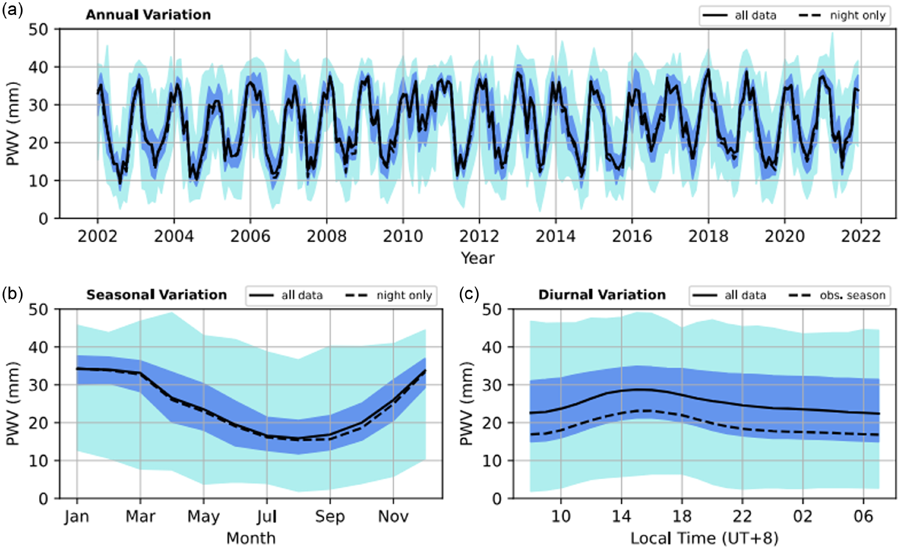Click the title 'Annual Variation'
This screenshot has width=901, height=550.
148,15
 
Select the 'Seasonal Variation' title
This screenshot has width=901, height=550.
157,295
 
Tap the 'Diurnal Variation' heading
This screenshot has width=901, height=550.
602,295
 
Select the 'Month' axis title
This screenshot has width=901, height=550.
251,538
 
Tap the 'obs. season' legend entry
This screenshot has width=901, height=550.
852,295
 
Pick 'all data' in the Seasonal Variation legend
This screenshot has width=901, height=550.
302,295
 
